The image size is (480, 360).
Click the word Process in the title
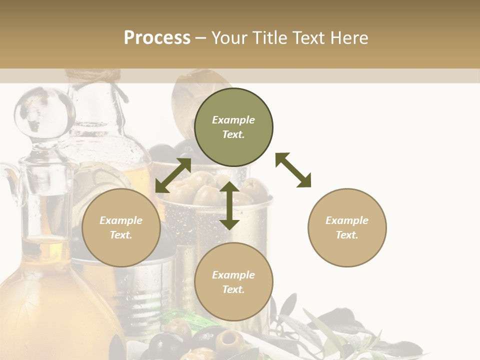coord(157,38)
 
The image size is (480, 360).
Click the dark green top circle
coord(233,127)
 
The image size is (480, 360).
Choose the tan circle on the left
coord(121,227)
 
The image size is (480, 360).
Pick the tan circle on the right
coord(347,227)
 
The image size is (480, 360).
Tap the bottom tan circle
coord(233,281)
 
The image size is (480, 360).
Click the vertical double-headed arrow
coord(229,205)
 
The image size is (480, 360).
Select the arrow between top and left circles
coord(173,175)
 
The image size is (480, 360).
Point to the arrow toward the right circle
coord(293,170)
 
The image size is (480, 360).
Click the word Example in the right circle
coord(347,220)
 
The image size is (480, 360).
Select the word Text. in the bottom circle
coord(233,289)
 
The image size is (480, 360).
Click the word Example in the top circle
coord(233,120)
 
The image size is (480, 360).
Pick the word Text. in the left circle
coord(121,235)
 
